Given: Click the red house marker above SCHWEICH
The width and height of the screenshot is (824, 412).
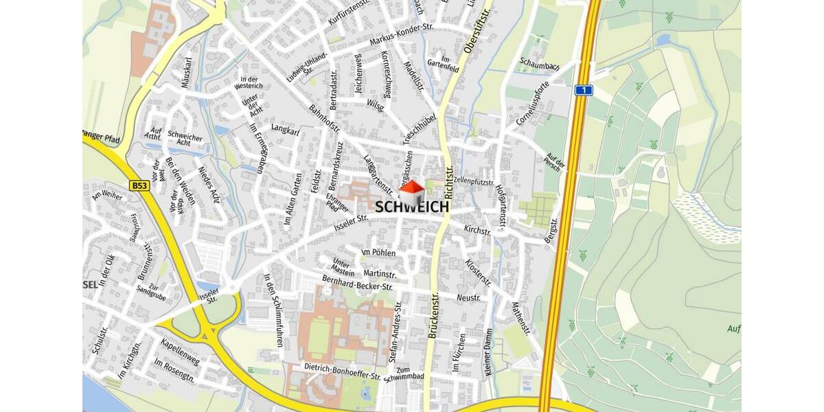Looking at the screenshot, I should pos(412,192).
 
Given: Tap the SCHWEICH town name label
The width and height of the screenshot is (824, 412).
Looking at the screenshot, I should pos(412,206).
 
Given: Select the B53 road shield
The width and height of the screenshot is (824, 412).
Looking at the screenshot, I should pos(139,185).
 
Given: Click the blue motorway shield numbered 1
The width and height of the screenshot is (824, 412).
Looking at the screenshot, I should pos(583,90).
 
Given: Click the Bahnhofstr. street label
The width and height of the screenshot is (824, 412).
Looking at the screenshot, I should pos(325,119).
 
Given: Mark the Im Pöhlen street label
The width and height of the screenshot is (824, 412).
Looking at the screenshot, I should pos(378,252).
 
